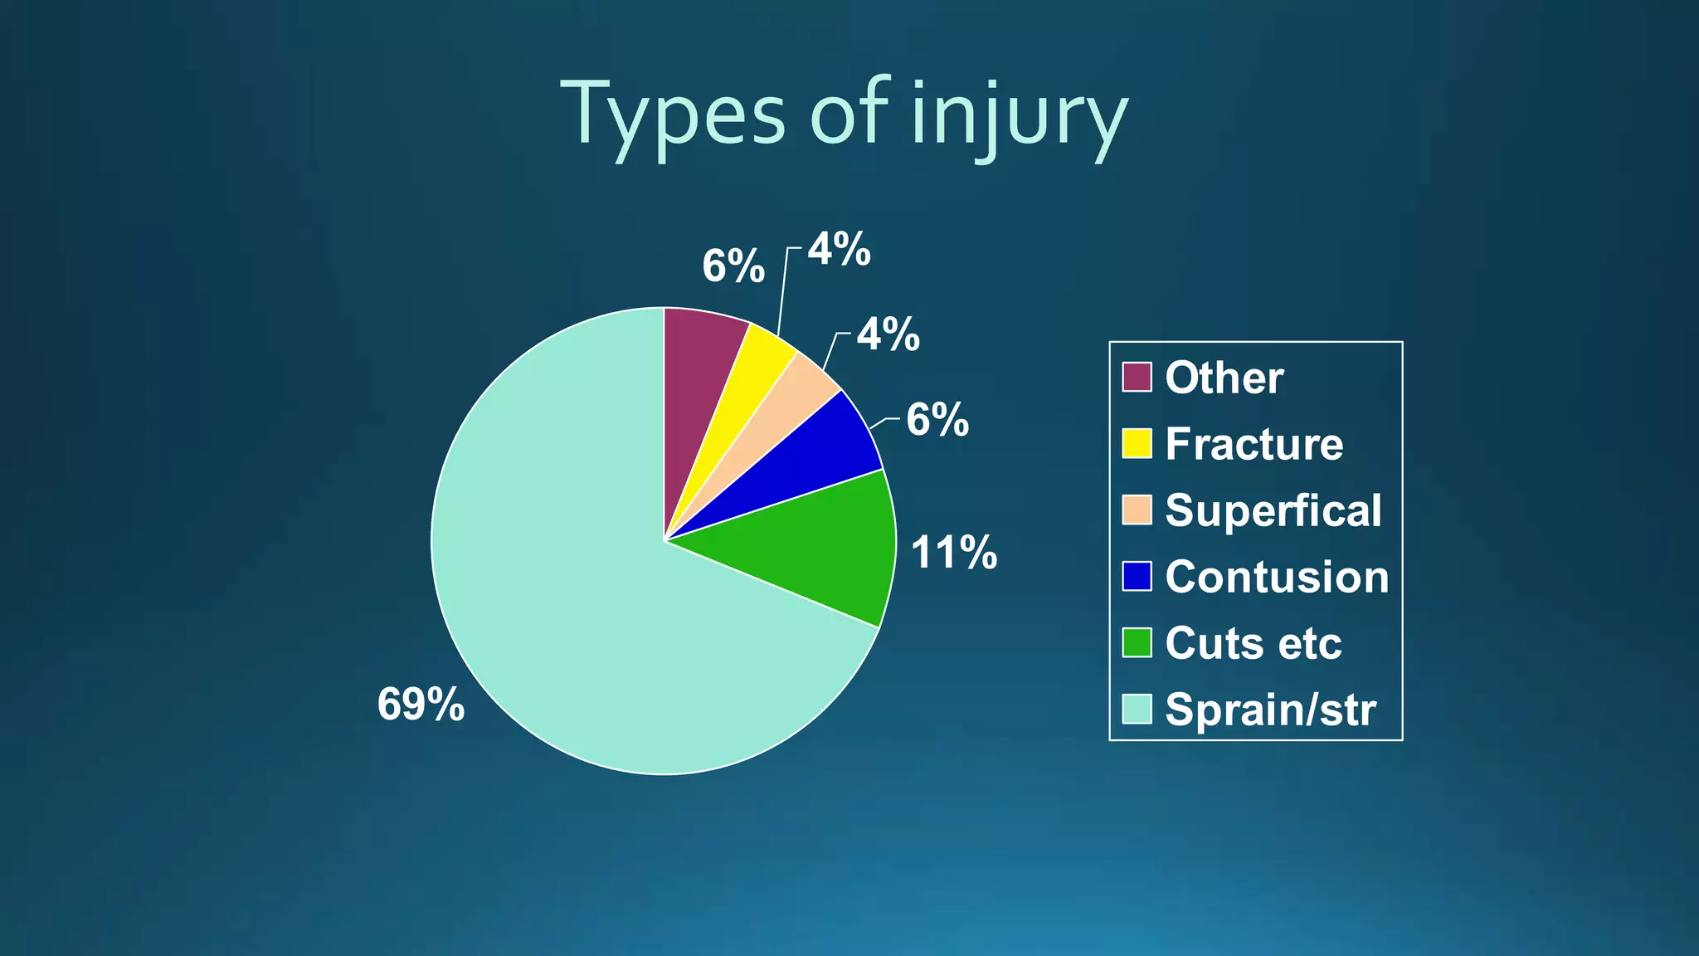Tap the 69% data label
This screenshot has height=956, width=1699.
421,705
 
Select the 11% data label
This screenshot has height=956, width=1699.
953,553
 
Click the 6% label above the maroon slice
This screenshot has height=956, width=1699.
733,266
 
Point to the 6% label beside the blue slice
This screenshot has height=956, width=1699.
937,420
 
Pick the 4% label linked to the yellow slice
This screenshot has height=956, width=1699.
840,249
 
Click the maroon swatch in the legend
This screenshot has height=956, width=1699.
1137,377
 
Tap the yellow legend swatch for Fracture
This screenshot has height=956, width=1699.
1137,443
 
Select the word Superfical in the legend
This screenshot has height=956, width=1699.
1273,510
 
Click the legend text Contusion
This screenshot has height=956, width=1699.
1276,577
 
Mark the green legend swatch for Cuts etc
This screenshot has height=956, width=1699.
1137,642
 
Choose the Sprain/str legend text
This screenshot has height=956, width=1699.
1270,710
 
